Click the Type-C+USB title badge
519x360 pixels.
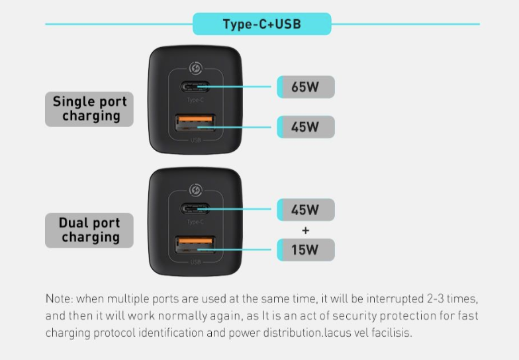(x=262, y=24)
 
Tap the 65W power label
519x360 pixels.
(x=306, y=87)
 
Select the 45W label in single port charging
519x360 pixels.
(x=306, y=127)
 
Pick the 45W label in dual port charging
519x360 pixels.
(x=306, y=210)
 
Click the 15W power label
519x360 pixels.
(x=306, y=250)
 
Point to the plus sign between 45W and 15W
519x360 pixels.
(x=306, y=230)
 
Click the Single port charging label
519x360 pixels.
(x=89, y=109)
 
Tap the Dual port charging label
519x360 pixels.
(x=89, y=230)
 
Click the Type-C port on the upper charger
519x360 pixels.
(x=195, y=87)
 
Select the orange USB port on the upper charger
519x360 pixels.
(x=195, y=122)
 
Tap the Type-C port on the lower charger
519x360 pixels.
(x=195, y=209)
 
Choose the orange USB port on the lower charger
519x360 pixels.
(x=195, y=245)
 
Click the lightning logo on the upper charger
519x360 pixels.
(x=196, y=69)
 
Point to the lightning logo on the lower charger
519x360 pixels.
(x=196, y=191)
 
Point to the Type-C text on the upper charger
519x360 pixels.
(x=195, y=100)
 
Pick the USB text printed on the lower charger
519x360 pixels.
(x=196, y=262)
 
